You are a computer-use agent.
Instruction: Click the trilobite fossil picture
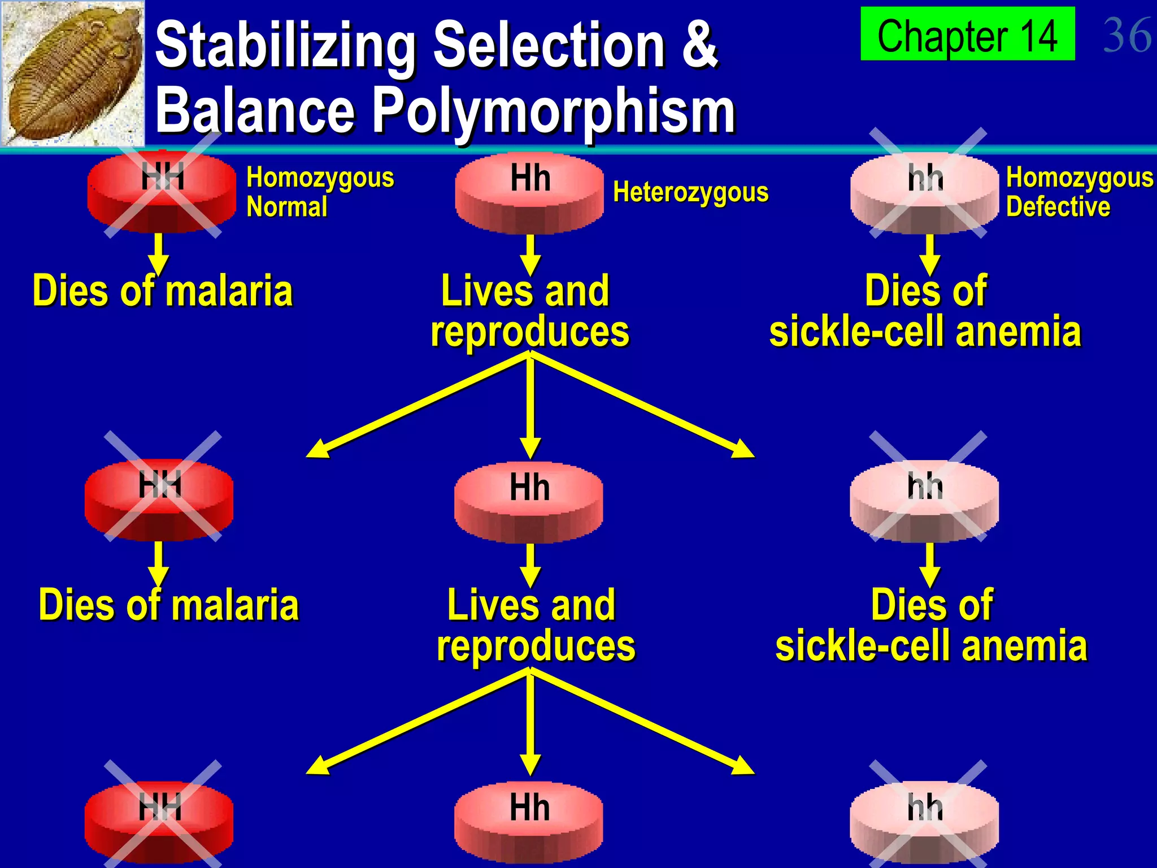[x=72, y=73]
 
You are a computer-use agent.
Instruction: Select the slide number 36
[x=1126, y=35]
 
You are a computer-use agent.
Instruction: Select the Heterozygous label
[x=690, y=192]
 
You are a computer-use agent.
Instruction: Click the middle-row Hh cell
[x=529, y=502]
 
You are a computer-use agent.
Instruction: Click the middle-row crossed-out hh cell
[x=925, y=501]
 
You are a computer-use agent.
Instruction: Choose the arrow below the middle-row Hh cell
[x=530, y=565]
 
